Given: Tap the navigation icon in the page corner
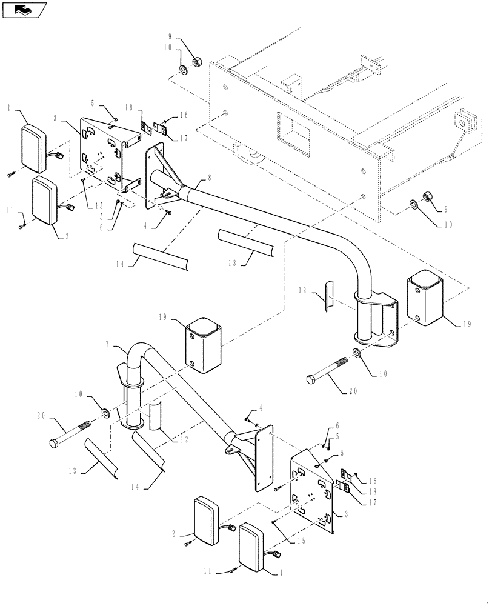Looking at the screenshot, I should tap(24, 9).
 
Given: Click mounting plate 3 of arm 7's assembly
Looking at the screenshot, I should tap(313, 490).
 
